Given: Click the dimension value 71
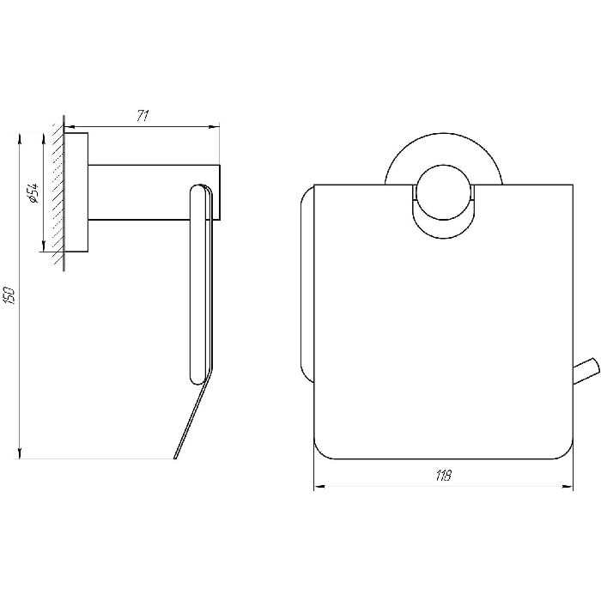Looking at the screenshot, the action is coord(143,116).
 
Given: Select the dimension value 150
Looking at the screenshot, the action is coord(10,295).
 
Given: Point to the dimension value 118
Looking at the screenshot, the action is coord(444,476).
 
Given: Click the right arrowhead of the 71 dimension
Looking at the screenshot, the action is coord(214,126).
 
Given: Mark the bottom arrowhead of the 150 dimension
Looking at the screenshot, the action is coord(20,452).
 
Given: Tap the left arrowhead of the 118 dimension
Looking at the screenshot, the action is coord(320,487).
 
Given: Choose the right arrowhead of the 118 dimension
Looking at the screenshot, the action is coord(568,487).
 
